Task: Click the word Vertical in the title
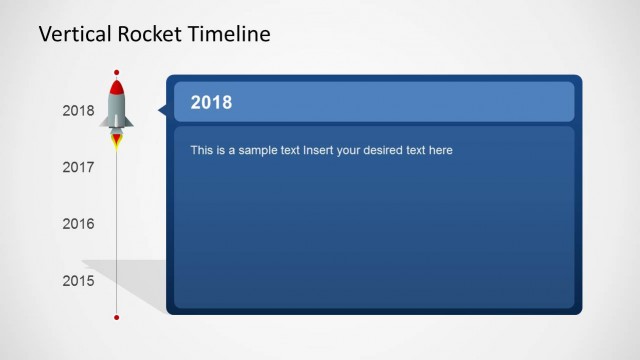tap(72, 35)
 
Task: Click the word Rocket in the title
tap(150, 35)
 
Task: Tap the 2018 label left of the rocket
tap(78, 111)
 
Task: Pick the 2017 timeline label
tap(78, 167)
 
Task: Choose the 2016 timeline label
tap(78, 224)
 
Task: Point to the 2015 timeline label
tap(78, 281)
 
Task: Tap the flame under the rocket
tap(117, 141)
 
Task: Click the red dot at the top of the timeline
tap(117, 73)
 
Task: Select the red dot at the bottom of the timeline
tap(117, 317)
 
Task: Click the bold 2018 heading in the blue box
tap(211, 102)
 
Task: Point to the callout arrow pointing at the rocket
tap(162, 111)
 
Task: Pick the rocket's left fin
tap(104, 121)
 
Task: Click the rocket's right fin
tap(130, 121)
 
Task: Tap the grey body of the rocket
tap(117, 108)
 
